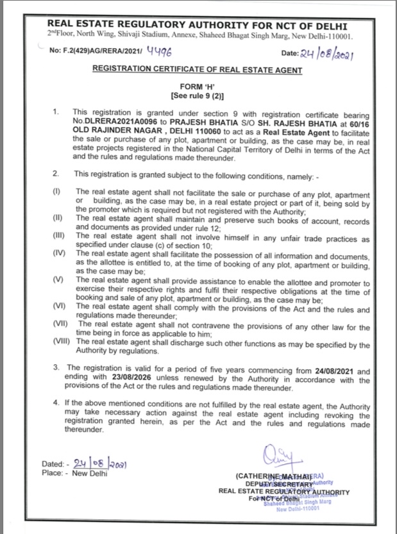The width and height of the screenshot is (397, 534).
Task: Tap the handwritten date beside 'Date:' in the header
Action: (332, 54)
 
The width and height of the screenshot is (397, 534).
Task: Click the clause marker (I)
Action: (57, 192)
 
